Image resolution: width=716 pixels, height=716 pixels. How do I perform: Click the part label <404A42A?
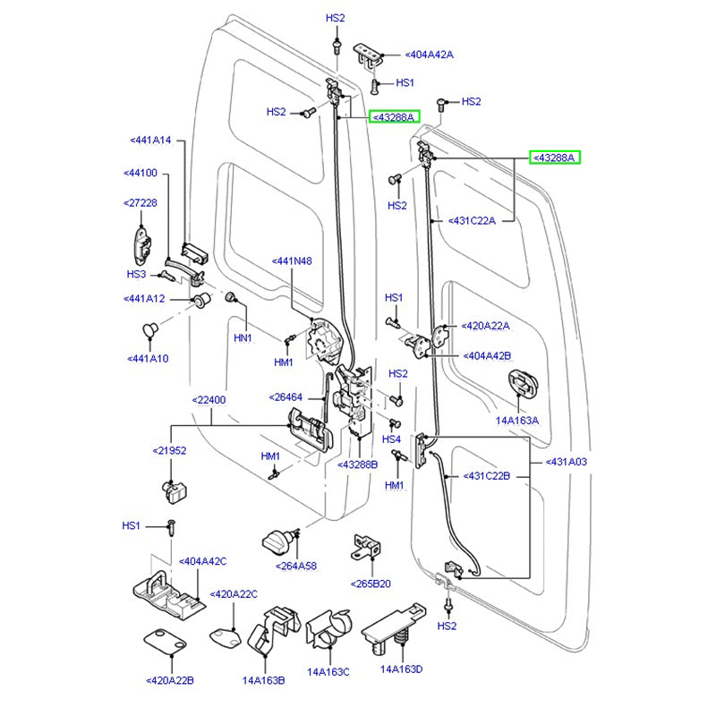coord(430,55)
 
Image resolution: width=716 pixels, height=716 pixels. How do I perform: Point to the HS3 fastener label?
coord(136,274)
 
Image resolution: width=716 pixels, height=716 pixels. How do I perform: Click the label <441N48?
coord(292,261)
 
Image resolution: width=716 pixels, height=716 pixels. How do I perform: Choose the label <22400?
coord(209,400)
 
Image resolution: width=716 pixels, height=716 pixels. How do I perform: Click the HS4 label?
coord(392,439)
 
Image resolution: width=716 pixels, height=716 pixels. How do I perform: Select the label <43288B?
coord(358,465)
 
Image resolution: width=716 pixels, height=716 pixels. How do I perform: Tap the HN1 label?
coord(243,338)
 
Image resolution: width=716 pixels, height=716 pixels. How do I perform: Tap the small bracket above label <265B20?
coord(369,550)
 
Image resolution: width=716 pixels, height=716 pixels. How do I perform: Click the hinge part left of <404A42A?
coord(368,52)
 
